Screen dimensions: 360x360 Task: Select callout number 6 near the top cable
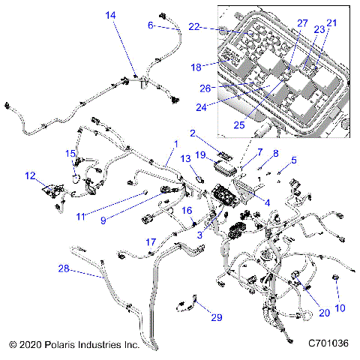click(150, 25)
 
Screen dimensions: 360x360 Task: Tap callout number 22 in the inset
click(194, 27)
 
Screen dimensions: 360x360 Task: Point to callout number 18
click(196, 67)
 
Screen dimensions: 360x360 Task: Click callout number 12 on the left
click(29, 176)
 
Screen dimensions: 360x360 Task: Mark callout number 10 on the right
click(340, 308)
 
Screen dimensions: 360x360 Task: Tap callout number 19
click(200, 154)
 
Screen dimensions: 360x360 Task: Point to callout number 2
click(192, 133)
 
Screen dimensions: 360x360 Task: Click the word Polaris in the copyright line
click(68, 345)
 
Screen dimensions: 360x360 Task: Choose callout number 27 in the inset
click(302, 23)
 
